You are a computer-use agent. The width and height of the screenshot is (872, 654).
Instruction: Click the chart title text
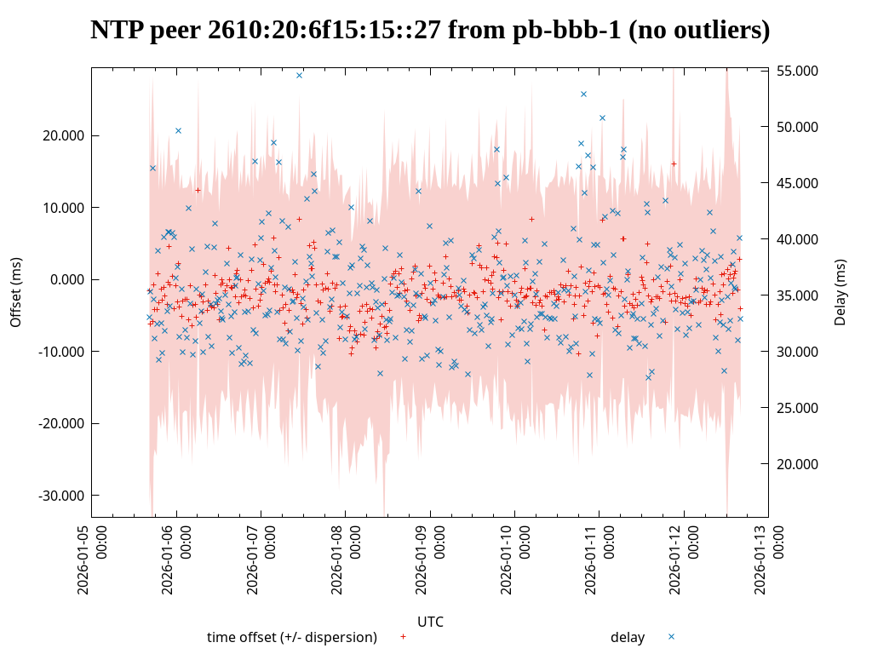[x=430, y=31]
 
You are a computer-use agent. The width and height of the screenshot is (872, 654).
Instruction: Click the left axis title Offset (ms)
[x=16, y=292]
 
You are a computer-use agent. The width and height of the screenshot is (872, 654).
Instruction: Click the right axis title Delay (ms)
[x=840, y=292]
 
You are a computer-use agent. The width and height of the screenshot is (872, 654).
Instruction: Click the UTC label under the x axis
[x=430, y=622]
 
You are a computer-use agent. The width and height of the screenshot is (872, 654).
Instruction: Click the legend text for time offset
[x=291, y=637]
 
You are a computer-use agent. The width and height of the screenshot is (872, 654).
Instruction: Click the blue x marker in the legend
[x=671, y=636]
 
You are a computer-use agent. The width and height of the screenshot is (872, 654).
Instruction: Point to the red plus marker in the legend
[x=403, y=636]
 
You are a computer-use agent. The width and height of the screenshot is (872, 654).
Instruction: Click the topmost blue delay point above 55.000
[x=299, y=75]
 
